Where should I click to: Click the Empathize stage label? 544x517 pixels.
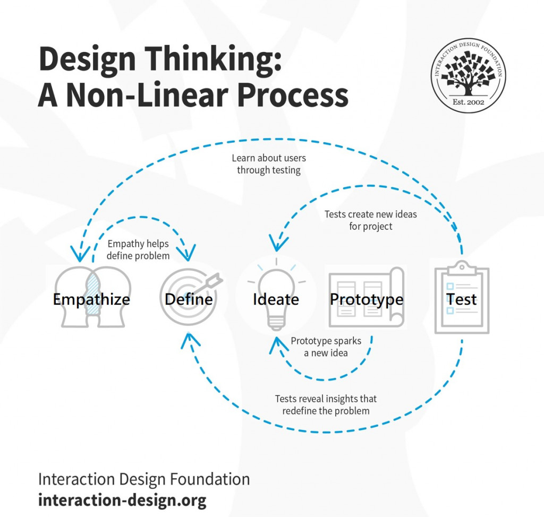[x=91, y=299]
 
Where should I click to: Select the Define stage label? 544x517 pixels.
[x=189, y=299]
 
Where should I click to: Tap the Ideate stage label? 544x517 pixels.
[x=276, y=299]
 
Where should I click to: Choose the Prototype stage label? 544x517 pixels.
[x=367, y=299]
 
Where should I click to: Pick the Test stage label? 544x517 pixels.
[x=462, y=299]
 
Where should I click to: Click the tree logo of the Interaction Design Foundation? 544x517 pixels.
[x=467, y=72]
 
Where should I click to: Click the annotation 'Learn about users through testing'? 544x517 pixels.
[x=269, y=164]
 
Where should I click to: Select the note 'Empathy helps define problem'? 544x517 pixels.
[x=138, y=249]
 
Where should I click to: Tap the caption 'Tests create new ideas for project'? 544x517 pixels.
[x=371, y=220]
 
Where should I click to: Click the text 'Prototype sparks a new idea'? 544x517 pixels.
[x=326, y=347]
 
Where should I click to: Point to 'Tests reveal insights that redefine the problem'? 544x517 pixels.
[x=326, y=404]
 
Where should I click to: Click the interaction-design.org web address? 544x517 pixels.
[x=122, y=499]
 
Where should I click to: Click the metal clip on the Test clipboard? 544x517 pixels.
[x=462, y=265]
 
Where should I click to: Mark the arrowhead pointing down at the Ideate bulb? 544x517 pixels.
[x=276, y=245]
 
